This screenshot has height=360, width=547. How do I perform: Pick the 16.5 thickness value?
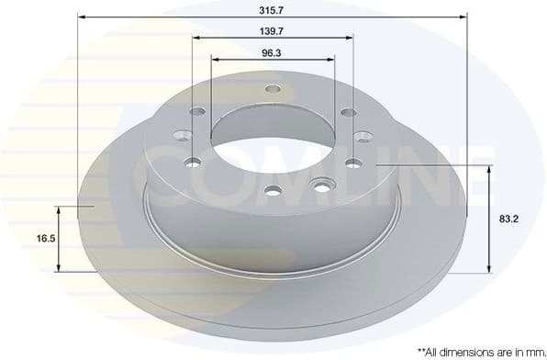pyautogui.click(x=44, y=238)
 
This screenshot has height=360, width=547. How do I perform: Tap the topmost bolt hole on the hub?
pyautogui.click(x=272, y=89)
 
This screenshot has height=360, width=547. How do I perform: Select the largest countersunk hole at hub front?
pyautogui.click(x=320, y=187)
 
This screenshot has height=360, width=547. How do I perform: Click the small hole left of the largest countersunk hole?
pyautogui.click(x=273, y=191)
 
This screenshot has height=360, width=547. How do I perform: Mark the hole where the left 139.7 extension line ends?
pyautogui.click(x=193, y=163)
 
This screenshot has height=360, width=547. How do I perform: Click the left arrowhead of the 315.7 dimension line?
pyautogui.click(x=82, y=17)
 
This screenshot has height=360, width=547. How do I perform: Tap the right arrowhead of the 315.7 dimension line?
pyautogui.click(x=463, y=17)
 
